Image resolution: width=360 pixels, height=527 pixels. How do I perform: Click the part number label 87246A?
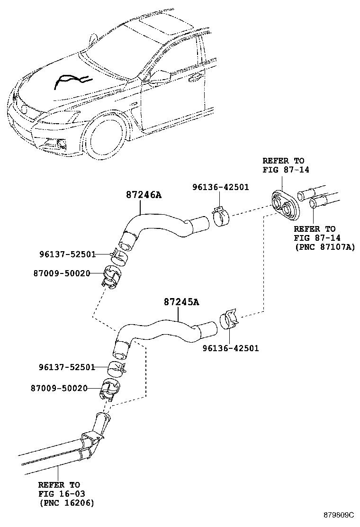point(144,194)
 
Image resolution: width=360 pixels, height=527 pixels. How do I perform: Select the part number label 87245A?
point(181,301)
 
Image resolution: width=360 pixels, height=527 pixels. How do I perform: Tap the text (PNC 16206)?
point(66,503)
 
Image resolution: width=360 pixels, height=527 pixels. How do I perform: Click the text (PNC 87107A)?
point(324,247)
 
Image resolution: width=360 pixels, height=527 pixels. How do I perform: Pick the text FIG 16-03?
point(61,494)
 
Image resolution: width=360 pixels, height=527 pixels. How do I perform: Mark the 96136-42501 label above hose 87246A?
point(220,187)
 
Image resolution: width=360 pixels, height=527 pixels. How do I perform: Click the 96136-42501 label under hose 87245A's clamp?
point(231,348)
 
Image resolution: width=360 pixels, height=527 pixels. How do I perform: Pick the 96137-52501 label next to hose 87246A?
point(67,254)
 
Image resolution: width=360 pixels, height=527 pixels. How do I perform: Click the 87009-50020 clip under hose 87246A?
point(112,278)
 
